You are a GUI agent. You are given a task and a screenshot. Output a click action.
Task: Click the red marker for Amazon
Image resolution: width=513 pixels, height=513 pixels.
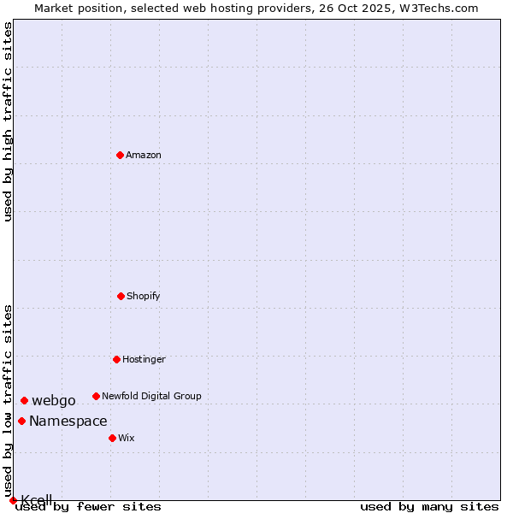point(121,155)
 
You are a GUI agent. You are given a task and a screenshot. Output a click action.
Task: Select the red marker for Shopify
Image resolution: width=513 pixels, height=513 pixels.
point(121,296)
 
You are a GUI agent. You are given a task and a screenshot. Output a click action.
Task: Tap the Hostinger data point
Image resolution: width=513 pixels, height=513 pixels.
point(116,359)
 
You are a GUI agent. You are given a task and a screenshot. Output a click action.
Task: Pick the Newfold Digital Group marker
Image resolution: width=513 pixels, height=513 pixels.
point(96,396)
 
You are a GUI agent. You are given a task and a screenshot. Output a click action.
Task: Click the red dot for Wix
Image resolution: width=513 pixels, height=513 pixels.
point(112,438)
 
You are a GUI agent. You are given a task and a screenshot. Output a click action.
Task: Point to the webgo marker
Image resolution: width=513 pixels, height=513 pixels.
point(24,400)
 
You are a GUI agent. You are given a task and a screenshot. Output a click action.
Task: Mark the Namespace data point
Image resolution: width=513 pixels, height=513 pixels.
point(21,421)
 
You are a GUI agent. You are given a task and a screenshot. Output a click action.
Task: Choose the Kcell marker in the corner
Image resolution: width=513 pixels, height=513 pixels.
point(13,500)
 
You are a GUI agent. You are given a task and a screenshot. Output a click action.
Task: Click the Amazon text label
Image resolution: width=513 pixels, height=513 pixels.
point(144,155)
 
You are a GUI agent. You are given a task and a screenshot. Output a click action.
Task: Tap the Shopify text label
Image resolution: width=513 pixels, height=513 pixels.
point(144,296)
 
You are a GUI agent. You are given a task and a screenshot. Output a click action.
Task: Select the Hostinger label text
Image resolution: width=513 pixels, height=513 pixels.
point(144,359)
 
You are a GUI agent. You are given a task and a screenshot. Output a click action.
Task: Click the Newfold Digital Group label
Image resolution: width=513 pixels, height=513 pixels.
point(151,396)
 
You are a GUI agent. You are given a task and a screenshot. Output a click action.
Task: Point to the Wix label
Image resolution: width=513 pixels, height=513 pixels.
point(127,438)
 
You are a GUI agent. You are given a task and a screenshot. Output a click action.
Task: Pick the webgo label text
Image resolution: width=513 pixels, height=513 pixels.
point(54,400)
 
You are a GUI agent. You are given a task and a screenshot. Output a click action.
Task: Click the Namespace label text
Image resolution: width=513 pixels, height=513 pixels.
point(68,421)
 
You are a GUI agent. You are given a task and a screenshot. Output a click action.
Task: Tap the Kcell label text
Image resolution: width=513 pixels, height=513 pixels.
point(37,500)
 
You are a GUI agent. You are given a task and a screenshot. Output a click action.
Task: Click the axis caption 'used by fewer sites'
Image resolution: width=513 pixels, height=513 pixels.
point(89,506)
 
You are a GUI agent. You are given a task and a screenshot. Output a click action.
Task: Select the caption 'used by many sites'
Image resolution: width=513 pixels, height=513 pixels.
point(429,506)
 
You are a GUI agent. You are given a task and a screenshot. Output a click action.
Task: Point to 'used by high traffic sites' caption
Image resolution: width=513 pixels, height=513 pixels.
point(8,121)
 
